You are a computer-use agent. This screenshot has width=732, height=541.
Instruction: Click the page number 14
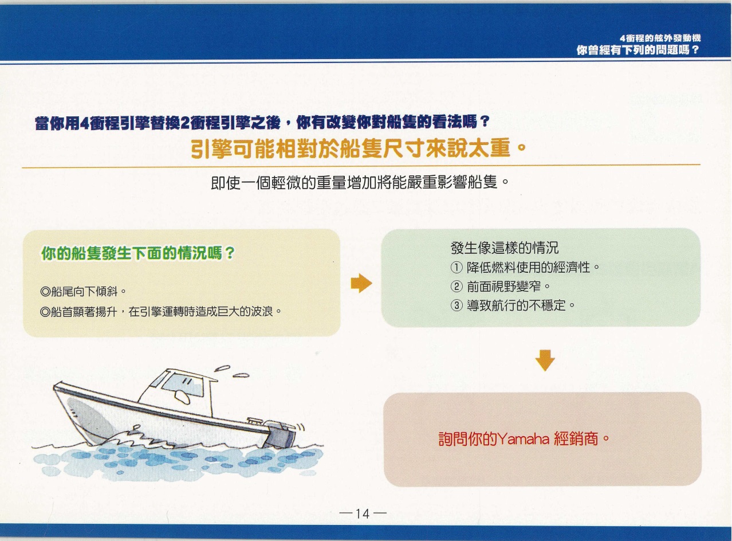click(363, 513)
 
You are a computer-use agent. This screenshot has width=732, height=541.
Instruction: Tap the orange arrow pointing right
click(361, 283)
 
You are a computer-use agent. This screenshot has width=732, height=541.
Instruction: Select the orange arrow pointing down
click(545, 360)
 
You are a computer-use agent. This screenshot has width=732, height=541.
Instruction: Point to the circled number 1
click(456, 267)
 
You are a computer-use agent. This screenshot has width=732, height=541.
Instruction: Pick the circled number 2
click(456, 286)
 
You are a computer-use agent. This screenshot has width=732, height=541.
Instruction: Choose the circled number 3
click(456, 305)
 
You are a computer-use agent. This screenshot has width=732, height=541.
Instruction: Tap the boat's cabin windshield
click(183, 385)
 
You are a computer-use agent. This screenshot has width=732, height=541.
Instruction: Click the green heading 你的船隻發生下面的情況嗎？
click(138, 253)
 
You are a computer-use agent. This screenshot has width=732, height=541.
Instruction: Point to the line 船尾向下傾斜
click(82, 291)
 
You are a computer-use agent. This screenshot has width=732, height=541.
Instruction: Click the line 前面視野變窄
click(504, 286)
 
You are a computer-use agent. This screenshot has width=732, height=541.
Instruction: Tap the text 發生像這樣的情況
click(504, 248)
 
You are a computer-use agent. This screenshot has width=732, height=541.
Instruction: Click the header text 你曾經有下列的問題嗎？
click(637, 50)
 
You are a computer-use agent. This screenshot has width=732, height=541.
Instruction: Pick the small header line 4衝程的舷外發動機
click(660, 38)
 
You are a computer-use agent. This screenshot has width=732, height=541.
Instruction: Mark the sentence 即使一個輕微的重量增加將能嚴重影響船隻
click(359, 182)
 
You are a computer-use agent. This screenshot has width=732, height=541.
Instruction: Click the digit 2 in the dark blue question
click(186, 123)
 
